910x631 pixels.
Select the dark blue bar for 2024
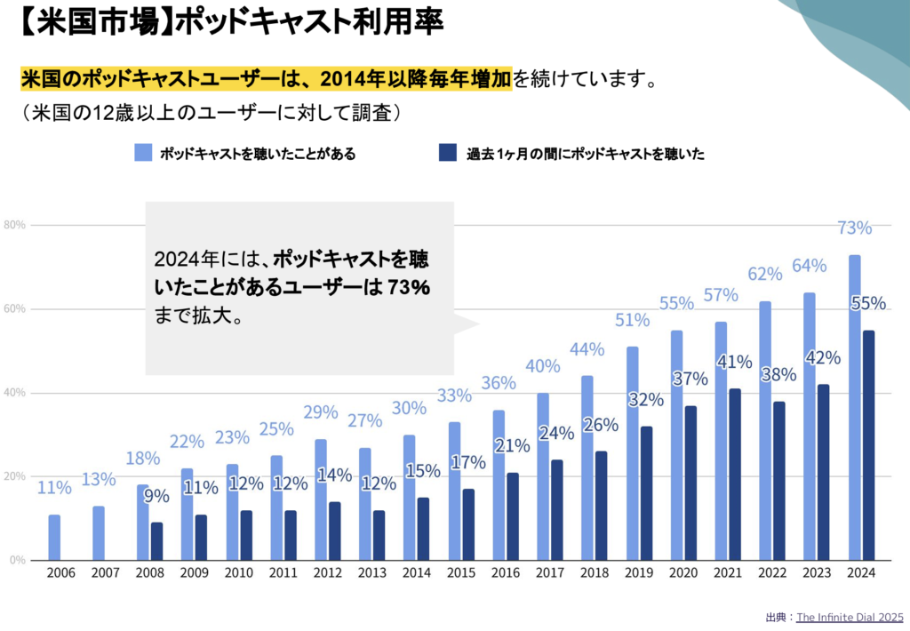(x=868, y=444)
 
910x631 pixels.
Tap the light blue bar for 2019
(x=632, y=453)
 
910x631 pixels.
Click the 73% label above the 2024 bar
(x=854, y=228)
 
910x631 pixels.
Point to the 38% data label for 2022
(x=778, y=375)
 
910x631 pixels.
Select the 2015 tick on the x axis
(x=461, y=573)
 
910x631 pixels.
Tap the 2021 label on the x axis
(x=728, y=573)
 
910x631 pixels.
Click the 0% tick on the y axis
(x=17, y=560)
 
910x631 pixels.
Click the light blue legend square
(x=143, y=153)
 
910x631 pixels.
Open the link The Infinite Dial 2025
(x=848, y=617)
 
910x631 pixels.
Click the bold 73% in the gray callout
(x=410, y=288)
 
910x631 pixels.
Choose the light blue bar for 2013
(x=365, y=504)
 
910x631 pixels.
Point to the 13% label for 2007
(x=99, y=480)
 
